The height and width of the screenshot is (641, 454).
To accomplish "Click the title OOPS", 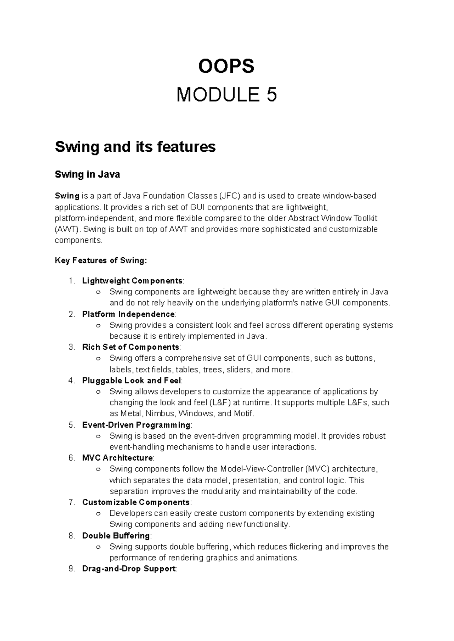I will (x=227, y=67).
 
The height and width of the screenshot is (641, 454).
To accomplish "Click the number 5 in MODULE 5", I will (x=271, y=95).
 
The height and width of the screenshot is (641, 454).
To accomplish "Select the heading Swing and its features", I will (x=135, y=146).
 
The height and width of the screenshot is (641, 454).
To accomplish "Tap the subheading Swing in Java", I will (x=87, y=174).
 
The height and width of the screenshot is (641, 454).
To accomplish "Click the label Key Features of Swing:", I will (x=100, y=261).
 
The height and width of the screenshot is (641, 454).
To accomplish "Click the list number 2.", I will (x=72, y=314).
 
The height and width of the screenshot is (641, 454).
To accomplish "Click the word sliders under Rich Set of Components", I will (x=239, y=369).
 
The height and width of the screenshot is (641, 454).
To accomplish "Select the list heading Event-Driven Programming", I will (x=136, y=425).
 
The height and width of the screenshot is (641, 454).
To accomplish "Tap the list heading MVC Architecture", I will (x=117, y=458).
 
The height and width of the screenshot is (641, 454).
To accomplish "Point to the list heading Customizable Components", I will (x=136, y=502).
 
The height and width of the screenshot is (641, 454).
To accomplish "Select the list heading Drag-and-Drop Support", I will (x=129, y=569).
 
